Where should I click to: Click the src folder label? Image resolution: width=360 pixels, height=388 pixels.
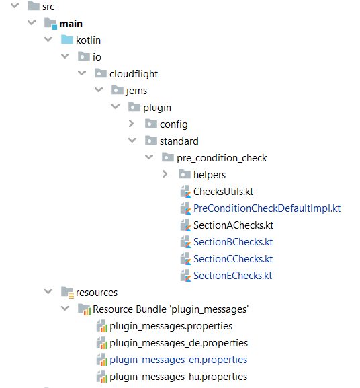[48, 7]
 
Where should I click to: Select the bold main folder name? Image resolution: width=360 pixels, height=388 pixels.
[71, 24]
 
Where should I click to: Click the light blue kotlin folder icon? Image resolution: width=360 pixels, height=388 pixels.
[67, 40]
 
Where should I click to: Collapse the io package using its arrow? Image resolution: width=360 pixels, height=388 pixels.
[65, 56]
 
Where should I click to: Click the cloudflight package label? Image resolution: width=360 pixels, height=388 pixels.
[134, 74]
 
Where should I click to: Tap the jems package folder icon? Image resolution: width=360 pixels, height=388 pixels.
[118, 90]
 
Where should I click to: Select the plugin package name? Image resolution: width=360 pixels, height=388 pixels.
[157, 108]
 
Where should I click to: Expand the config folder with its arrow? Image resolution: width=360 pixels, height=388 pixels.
[131, 124]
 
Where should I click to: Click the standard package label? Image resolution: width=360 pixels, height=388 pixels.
[179, 141]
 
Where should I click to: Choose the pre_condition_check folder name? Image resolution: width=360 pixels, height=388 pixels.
[222, 158]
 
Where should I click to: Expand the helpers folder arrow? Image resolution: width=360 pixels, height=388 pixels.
[165, 174]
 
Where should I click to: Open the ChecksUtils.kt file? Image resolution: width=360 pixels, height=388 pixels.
[224, 192]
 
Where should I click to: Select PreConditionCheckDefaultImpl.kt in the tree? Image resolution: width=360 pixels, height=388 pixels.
[267, 208]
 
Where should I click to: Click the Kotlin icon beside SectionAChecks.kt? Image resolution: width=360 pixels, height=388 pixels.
[186, 225]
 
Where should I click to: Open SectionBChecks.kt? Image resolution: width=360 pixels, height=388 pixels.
[233, 242]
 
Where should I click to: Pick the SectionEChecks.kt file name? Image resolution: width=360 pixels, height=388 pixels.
[233, 276]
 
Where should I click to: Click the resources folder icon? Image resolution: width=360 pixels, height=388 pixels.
[67, 293]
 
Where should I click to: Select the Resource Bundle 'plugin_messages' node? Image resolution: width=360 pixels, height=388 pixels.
[171, 309]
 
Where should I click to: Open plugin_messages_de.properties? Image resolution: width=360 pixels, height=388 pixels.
[179, 343]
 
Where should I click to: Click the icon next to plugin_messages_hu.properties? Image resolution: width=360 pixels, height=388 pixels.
[102, 377]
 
